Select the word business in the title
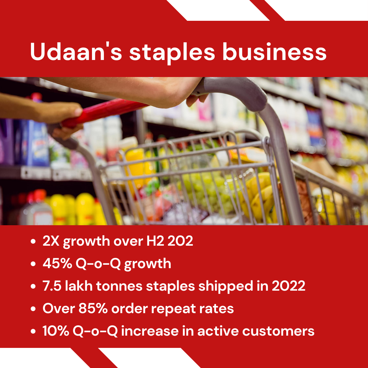pyautogui.click(x=274, y=51)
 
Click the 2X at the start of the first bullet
pyautogui.click(x=51, y=241)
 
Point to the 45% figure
pyautogui.click(x=57, y=263)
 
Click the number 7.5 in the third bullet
pyautogui.click(x=52, y=286)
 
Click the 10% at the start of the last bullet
pyautogui.click(x=56, y=331)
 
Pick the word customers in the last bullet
pyautogui.click(x=278, y=332)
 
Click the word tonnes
pyautogui.click(x=119, y=286)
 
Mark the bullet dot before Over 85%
pyautogui.click(x=33, y=308)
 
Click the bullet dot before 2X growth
pyautogui.click(x=33, y=241)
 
